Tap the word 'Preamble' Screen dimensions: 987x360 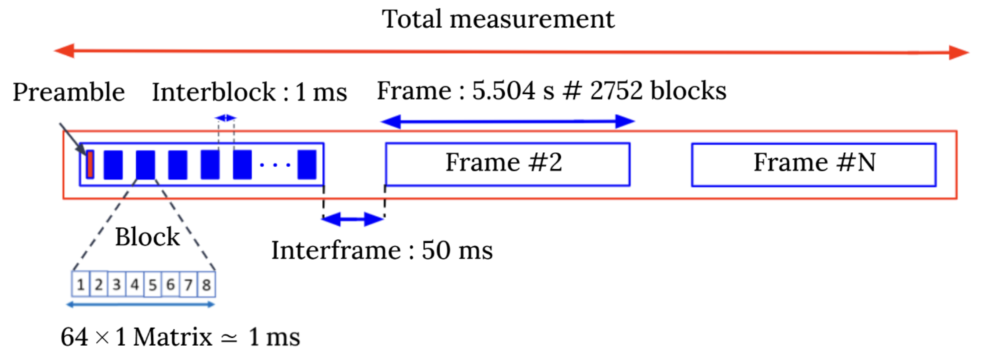point(69,92)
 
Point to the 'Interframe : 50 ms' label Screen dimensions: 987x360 point(382,251)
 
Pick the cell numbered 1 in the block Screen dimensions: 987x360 point(81,285)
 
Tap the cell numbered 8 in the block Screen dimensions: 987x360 point(206,285)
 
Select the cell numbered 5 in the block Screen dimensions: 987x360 point(153,285)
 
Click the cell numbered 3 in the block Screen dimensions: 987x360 point(117,285)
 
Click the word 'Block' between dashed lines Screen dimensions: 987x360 point(147,237)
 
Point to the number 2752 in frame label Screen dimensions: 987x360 point(617,91)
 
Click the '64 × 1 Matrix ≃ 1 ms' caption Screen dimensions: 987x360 point(180,337)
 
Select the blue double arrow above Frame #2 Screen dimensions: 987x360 point(507,122)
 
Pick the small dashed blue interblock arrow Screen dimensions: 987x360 point(226,118)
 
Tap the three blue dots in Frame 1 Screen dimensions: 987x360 point(275,165)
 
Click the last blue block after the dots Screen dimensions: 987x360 point(307,165)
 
